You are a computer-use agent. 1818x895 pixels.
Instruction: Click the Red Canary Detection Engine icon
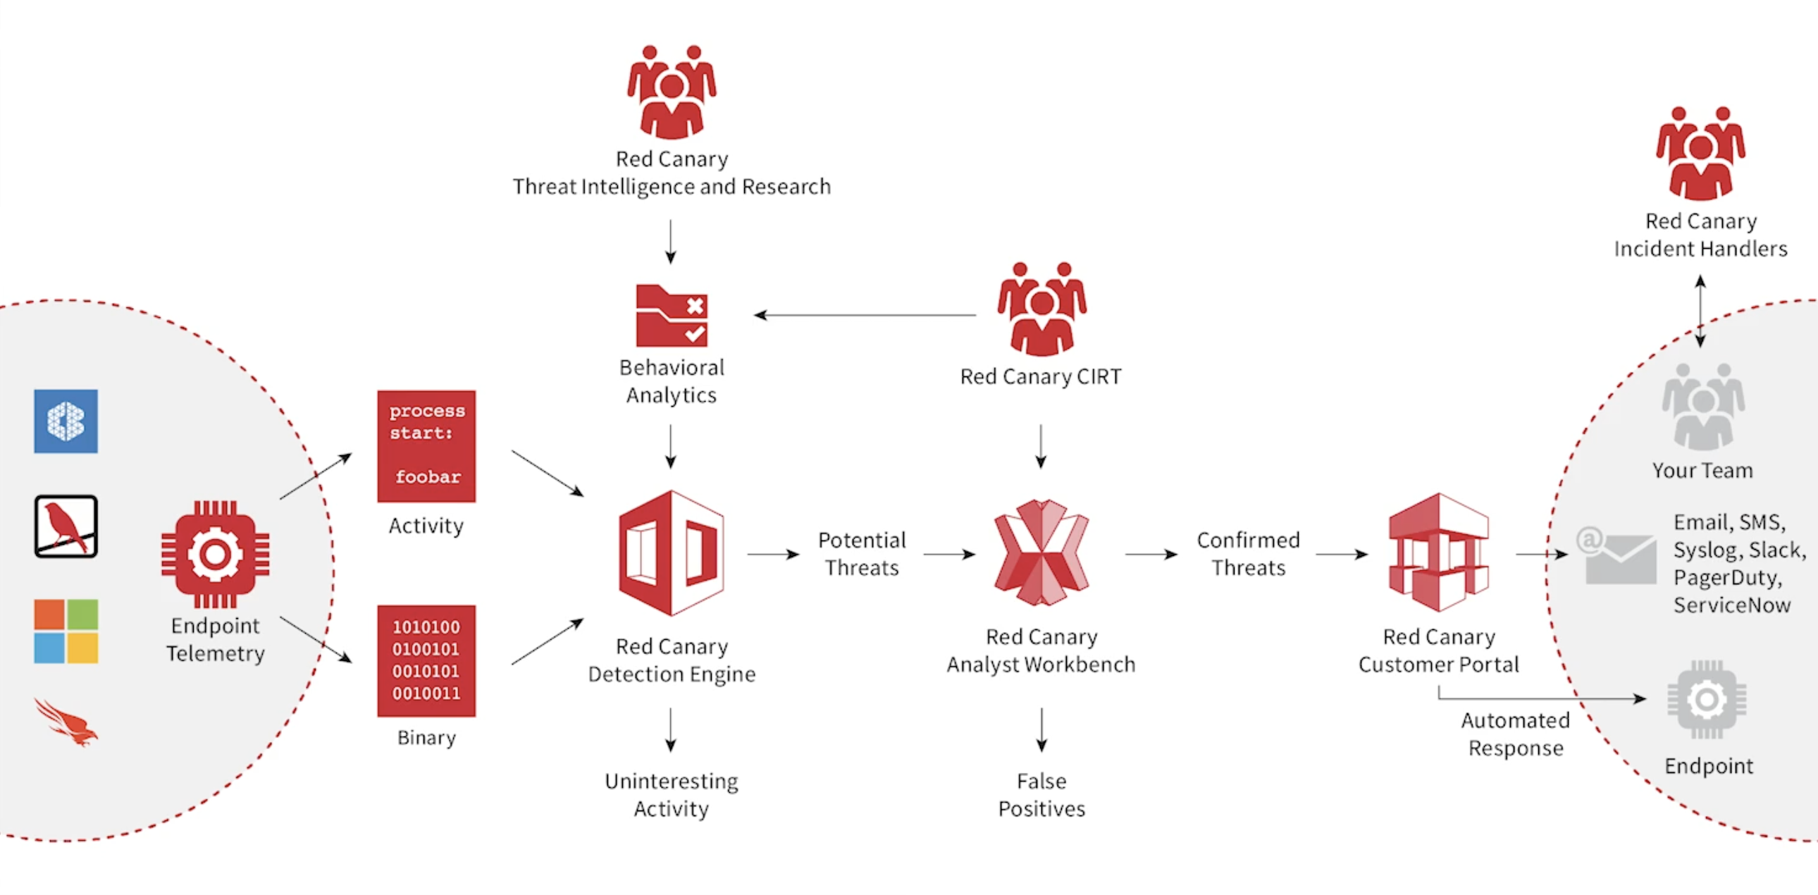671,553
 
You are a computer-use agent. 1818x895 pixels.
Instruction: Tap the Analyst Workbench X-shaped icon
1041,553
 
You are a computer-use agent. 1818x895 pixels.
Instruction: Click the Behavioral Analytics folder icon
671,316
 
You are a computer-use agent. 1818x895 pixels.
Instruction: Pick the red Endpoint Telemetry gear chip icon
215,554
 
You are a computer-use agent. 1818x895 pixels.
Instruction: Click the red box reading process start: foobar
426,446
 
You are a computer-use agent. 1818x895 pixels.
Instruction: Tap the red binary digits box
426,660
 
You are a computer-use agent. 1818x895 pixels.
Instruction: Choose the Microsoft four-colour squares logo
66,631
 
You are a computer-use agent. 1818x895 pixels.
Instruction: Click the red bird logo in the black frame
66,526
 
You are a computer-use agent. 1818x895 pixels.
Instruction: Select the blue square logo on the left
66,421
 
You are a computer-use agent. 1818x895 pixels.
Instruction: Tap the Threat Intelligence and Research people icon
671,92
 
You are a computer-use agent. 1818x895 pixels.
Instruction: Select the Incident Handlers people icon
1701,153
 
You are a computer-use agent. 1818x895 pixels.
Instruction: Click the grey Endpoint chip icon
1707,700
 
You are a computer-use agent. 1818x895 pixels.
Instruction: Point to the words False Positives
1041,795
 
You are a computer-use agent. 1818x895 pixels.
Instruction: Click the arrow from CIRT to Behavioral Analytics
865,315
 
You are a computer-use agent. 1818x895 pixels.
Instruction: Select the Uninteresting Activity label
671,795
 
